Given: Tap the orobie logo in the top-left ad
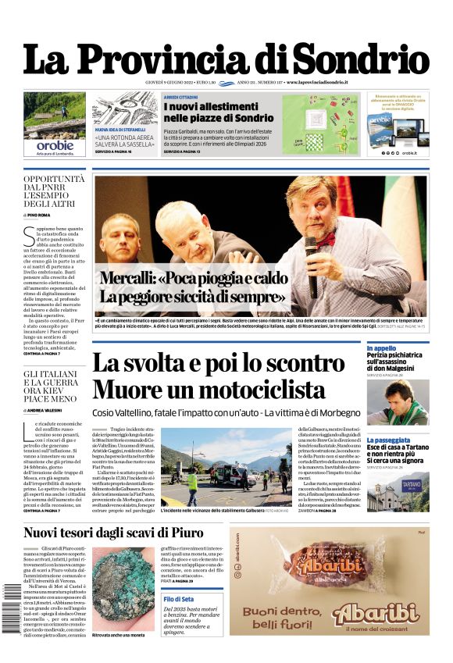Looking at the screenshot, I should point(55,144).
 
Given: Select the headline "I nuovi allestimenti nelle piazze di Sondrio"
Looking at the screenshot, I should point(218,112).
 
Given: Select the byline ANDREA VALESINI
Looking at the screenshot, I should point(46,409).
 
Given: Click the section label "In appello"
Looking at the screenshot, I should point(381,348).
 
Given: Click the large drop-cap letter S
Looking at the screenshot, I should point(29,235).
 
